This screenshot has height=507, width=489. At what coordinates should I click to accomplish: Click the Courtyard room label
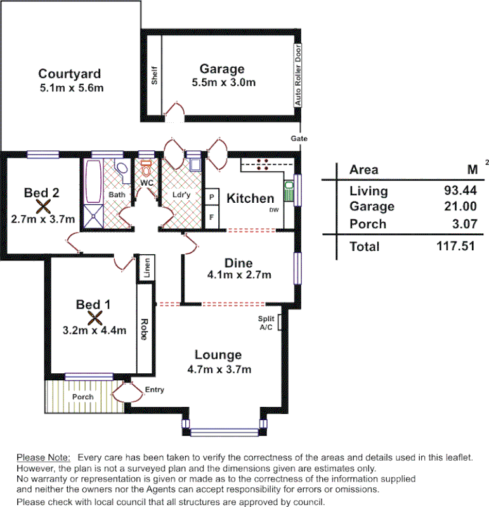70,74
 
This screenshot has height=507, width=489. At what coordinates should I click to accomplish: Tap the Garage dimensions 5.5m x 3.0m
224,82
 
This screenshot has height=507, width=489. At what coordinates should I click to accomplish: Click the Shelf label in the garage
154,75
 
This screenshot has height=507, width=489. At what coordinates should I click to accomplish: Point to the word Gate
299,138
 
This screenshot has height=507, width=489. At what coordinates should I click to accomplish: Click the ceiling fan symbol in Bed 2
43,205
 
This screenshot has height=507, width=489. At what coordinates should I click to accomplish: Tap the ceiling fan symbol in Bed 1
95,317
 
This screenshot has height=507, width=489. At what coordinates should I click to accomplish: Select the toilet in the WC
147,169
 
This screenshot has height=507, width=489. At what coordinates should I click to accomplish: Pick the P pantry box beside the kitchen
211,197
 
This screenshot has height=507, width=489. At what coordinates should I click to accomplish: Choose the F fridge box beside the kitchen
211,217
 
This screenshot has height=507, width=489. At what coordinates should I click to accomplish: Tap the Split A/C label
265,323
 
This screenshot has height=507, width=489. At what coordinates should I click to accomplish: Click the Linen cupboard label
147,268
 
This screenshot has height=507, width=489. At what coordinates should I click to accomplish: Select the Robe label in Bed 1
145,330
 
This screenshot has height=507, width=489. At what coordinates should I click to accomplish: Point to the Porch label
82,397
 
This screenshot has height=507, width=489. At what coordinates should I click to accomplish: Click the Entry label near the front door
154,390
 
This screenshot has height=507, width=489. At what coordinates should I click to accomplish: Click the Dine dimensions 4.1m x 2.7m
238,275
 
